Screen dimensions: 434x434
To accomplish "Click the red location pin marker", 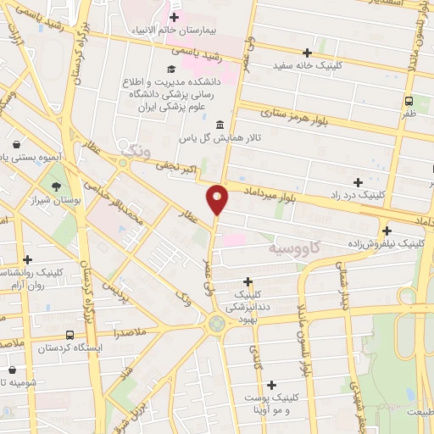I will click(x=218, y=198).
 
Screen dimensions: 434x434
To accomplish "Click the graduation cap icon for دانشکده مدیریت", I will click(x=171, y=70).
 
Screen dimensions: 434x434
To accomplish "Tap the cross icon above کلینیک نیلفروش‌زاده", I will click(x=387, y=230).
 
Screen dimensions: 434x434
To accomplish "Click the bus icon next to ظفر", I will click(x=409, y=99).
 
